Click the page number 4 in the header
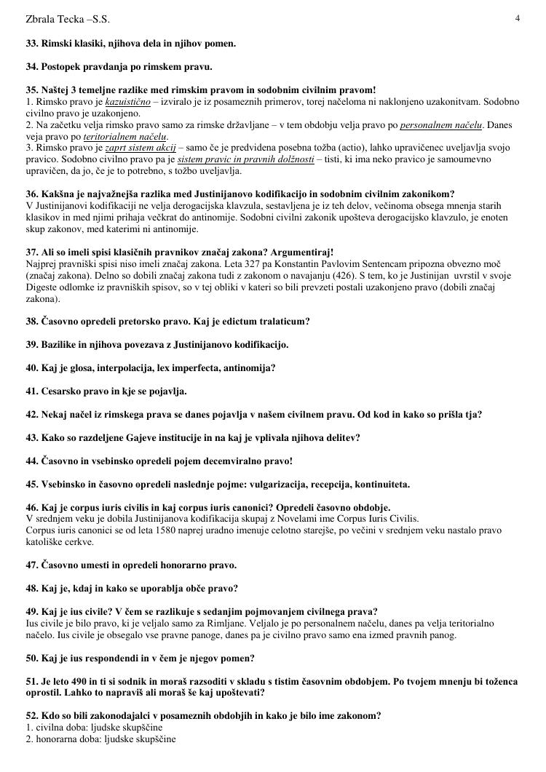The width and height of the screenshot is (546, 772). pos(517,18)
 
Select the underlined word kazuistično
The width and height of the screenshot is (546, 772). pos(127,101)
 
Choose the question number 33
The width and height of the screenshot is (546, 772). pos(32,44)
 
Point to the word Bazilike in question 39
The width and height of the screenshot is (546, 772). pos(64,344)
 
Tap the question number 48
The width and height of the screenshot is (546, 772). pos(32,588)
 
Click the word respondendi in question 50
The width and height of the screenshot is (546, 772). pos(114,658)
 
